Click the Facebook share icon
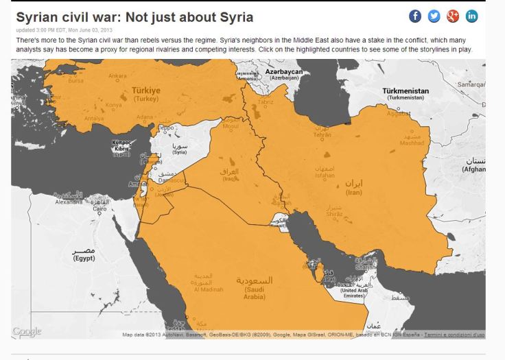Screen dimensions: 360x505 [x=415, y=16]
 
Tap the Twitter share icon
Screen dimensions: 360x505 [x=434, y=16]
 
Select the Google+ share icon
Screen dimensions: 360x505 [x=453, y=16]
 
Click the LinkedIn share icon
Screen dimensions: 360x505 [x=472, y=16]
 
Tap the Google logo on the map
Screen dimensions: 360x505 [x=27, y=332]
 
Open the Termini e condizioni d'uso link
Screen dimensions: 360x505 [x=454, y=335]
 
